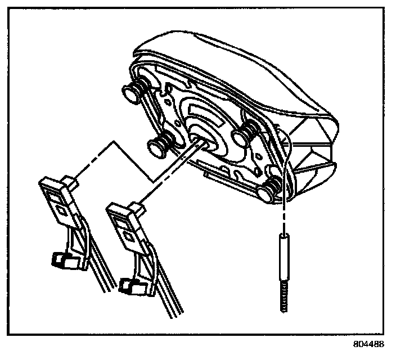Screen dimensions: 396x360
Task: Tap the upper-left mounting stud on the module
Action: click(x=132, y=94)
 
